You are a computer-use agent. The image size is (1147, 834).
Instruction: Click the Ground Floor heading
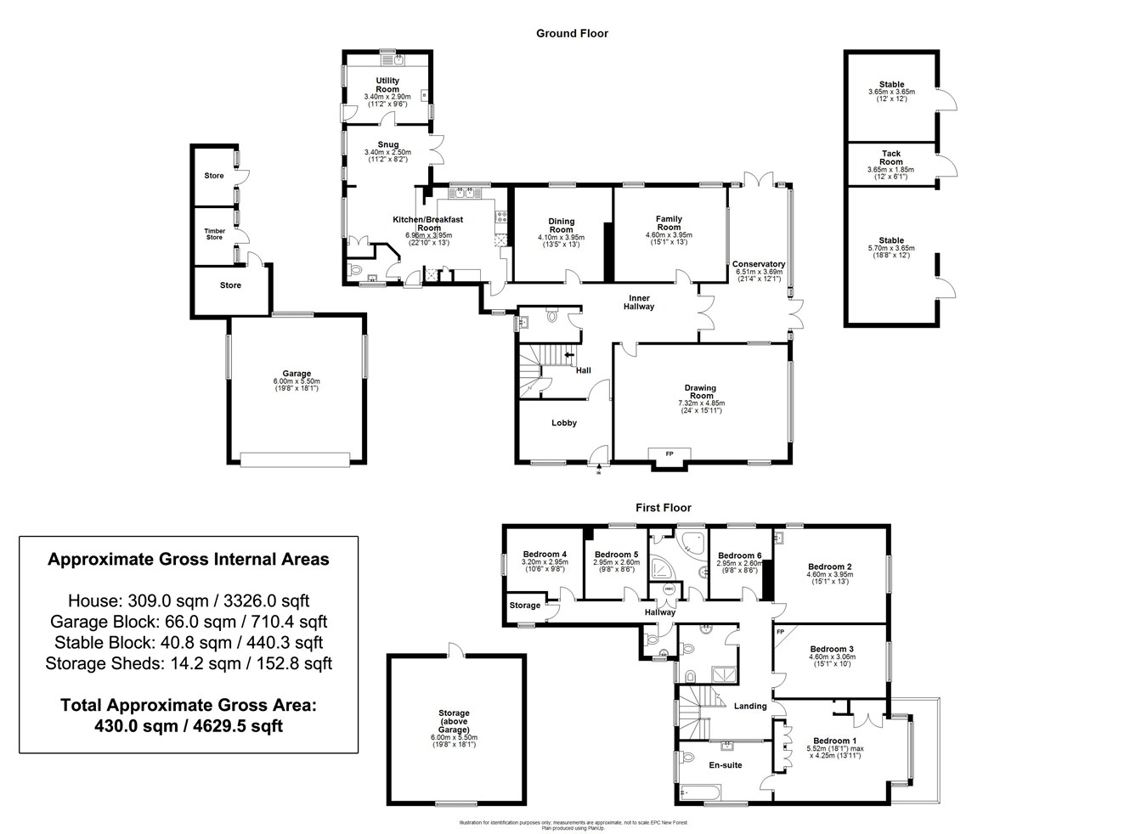572,34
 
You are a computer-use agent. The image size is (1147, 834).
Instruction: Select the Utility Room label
387,85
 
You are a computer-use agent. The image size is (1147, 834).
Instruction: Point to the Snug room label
387,144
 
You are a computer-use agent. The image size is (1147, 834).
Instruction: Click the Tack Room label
891,158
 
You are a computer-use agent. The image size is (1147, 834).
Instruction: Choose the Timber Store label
214,234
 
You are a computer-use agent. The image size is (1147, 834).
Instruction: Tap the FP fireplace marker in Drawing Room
669,454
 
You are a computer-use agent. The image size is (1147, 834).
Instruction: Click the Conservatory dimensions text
758,275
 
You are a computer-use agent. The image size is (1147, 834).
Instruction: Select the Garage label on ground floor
297,374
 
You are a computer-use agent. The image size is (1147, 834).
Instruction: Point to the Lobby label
564,423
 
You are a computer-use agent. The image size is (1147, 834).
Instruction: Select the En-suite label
726,765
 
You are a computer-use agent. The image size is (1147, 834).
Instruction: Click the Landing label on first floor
750,706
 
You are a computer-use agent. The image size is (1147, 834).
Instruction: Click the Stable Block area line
188,643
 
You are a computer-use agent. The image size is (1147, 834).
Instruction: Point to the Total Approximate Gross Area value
188,726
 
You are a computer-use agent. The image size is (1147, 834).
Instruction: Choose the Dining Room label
561,225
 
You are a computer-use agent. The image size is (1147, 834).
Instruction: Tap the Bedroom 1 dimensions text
834,752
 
